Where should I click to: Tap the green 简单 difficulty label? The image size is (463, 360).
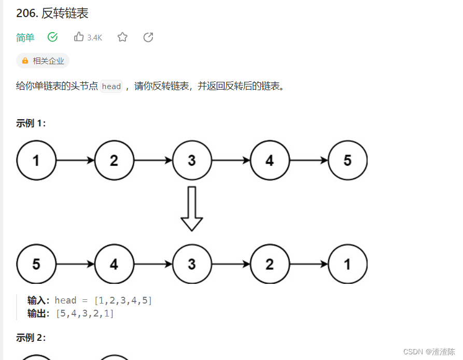point(25,37)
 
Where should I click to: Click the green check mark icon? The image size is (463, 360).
point(52,37)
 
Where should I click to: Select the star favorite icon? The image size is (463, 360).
point(122,37)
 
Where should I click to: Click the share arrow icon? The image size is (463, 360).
point(148,37)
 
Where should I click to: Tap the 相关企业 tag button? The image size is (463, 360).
point(43,61)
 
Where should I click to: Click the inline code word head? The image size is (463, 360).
point(111,87)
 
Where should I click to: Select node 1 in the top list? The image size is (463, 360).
point(36,161)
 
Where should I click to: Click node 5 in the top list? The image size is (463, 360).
point(347,161)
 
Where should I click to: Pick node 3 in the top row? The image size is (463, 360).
point(192,161)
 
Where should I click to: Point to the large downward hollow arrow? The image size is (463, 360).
point(192,208)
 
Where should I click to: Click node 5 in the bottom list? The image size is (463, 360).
point(36,264)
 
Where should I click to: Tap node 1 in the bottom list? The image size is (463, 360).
point(347,264)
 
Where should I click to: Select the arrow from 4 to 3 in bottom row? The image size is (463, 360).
point(153,264)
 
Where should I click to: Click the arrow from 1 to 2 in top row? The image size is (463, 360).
point(75,161)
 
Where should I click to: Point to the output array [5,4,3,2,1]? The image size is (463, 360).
point(85,313)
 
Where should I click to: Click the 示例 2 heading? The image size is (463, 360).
point(31,338)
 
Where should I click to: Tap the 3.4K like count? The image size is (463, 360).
point(95,37)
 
